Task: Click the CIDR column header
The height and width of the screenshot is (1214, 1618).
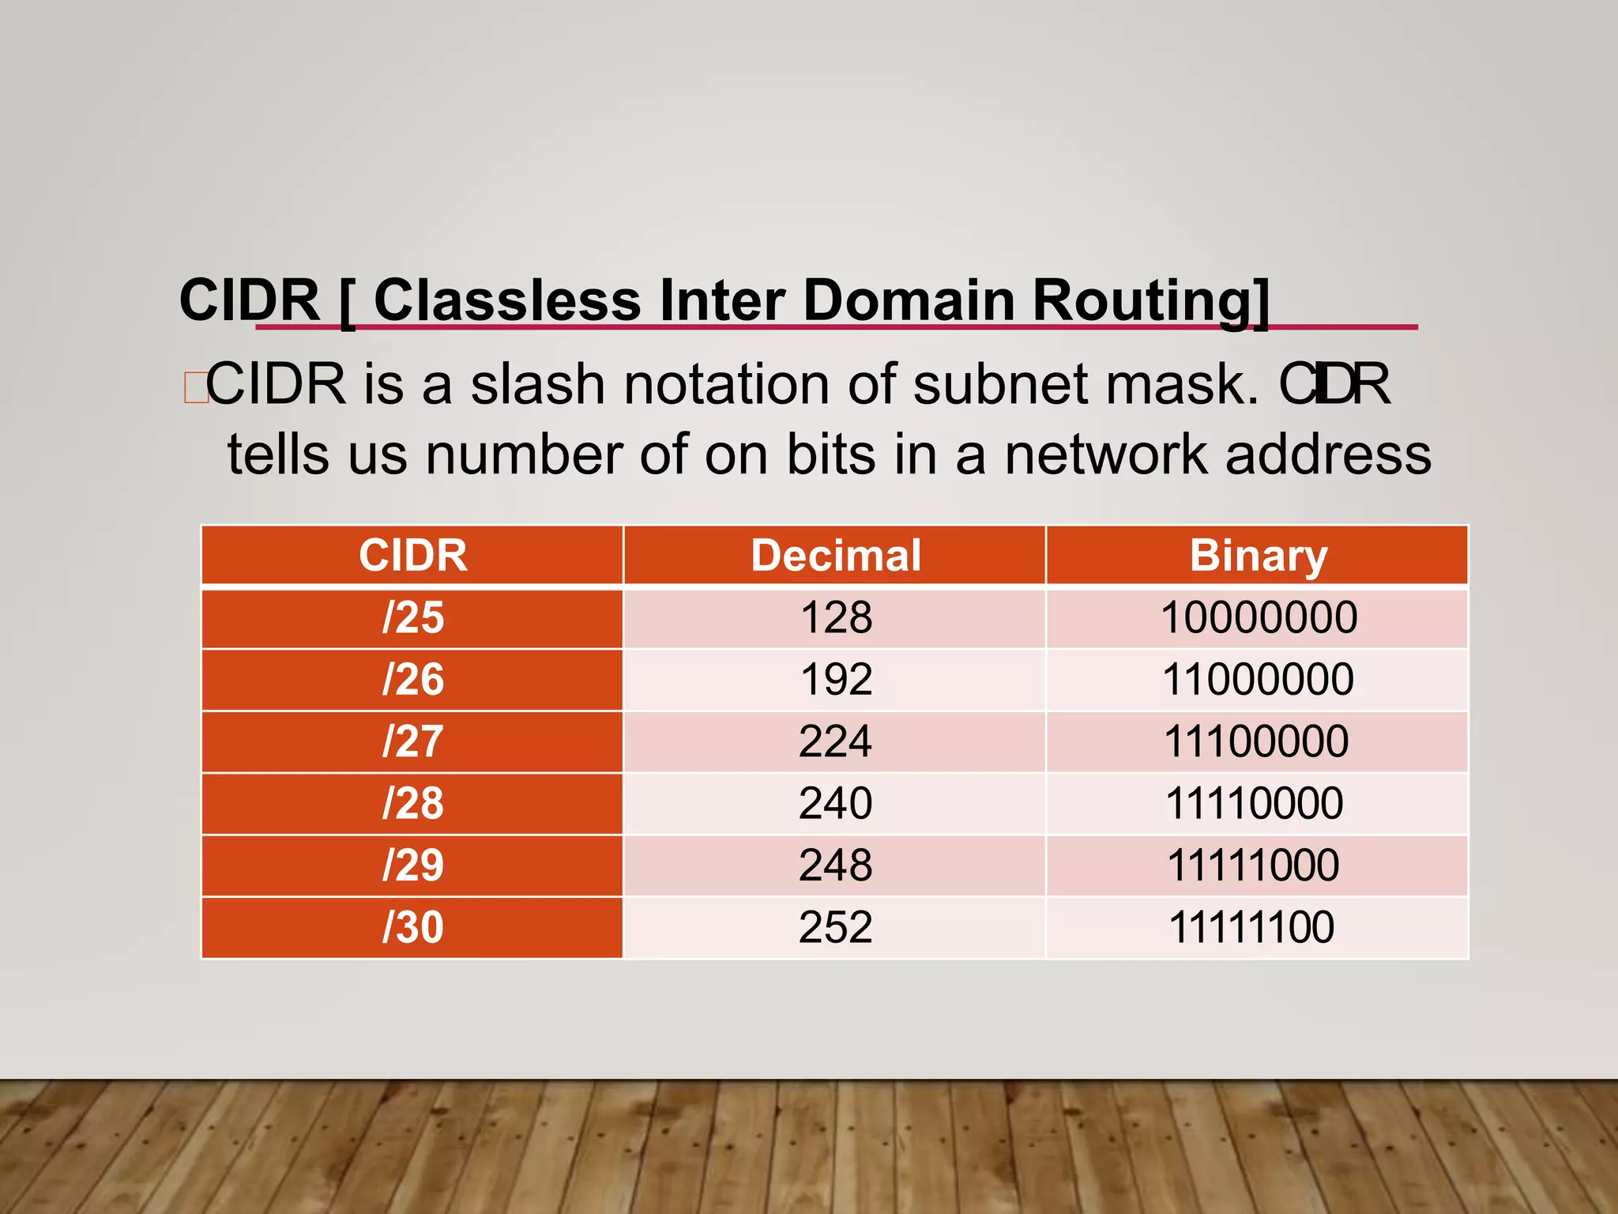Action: coord(412,555)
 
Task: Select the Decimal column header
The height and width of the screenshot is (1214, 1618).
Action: coord(835,555)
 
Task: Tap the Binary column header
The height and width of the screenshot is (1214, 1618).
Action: coord(1258,555)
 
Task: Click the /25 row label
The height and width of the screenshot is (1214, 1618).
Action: coord(412,617)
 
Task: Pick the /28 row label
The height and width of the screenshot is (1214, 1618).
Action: coord(412,803)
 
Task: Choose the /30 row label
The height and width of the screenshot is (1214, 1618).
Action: coord(412,927)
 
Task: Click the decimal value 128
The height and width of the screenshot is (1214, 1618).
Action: coord(836,617)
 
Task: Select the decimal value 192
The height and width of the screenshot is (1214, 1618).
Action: coord(836,680)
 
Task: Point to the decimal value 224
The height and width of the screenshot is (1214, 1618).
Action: coord(835,741)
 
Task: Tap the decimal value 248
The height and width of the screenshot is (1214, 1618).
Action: coord(835,865)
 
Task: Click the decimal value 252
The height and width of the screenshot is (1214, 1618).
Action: coord(835,927)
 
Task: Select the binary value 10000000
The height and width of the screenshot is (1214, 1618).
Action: coord(1259,617)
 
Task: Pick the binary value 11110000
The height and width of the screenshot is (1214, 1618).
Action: coord(1254,803)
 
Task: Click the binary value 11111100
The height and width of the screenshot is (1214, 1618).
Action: coord(1251,927)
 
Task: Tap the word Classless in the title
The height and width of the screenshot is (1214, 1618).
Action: coord(506,301)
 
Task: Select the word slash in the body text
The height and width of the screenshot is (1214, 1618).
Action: coord(538,384)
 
